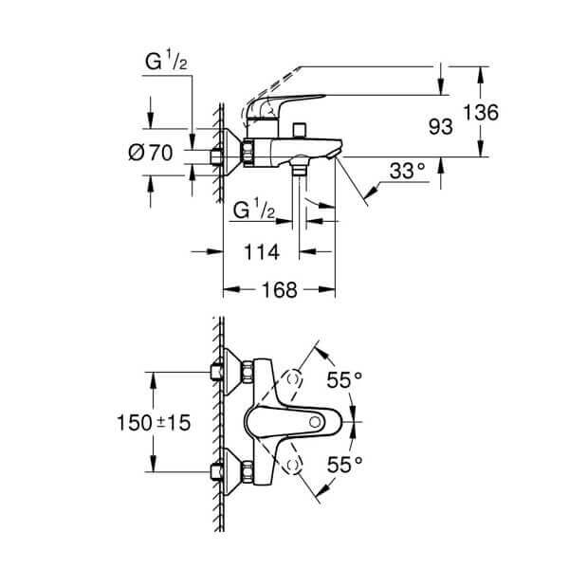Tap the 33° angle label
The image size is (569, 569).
[407, 171]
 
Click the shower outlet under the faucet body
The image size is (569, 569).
[302, 172]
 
